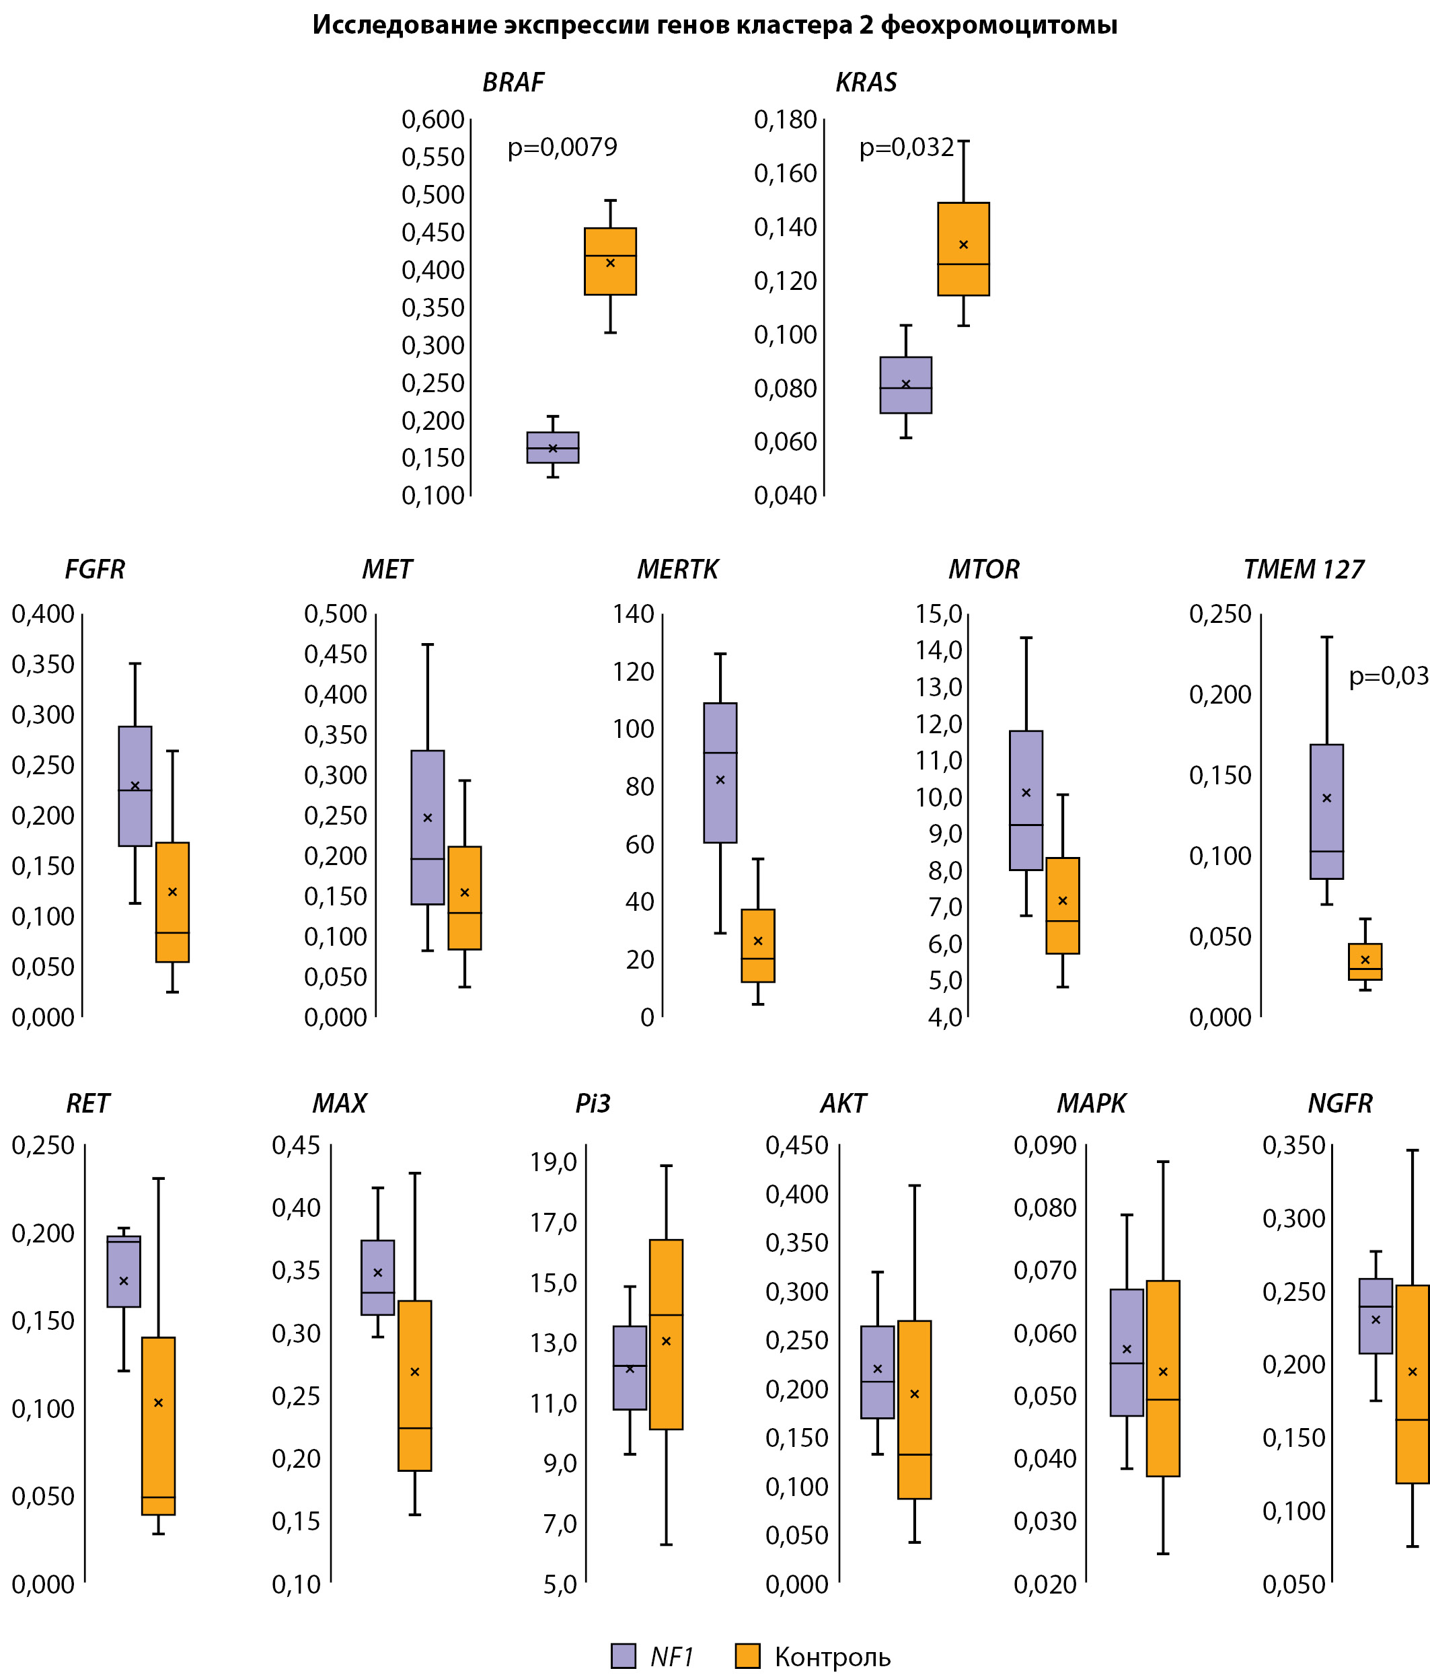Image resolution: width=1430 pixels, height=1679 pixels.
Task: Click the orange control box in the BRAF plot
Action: point(610,262)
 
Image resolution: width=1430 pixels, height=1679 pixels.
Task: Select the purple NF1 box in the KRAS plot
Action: point(906,385)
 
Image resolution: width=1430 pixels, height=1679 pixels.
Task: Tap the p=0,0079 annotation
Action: point(562,147)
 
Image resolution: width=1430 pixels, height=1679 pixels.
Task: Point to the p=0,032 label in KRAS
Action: point(907,147)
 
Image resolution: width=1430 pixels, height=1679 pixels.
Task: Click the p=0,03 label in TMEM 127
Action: point(1389,676)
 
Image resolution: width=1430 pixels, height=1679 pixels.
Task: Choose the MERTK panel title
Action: point(677,570)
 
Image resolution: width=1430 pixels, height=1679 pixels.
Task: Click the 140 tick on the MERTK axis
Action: point(634,614)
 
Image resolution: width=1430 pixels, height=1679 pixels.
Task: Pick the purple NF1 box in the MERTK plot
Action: point(720,772)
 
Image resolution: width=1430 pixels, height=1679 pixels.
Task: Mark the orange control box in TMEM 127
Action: point(1365,962)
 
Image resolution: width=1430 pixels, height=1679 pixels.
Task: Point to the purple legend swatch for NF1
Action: point(623,1656)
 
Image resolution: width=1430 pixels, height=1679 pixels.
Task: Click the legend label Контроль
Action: point(832,1657)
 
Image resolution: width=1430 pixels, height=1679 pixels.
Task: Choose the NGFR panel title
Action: point(1340,1104)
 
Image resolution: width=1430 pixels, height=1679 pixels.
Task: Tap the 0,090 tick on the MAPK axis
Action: point(1045,1146)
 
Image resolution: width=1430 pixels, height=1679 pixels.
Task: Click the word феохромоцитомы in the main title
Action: point(998,25)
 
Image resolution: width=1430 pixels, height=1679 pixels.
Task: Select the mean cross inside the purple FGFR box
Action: point(135,785)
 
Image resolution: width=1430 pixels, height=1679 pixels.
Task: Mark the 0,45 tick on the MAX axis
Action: point(297,1146)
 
